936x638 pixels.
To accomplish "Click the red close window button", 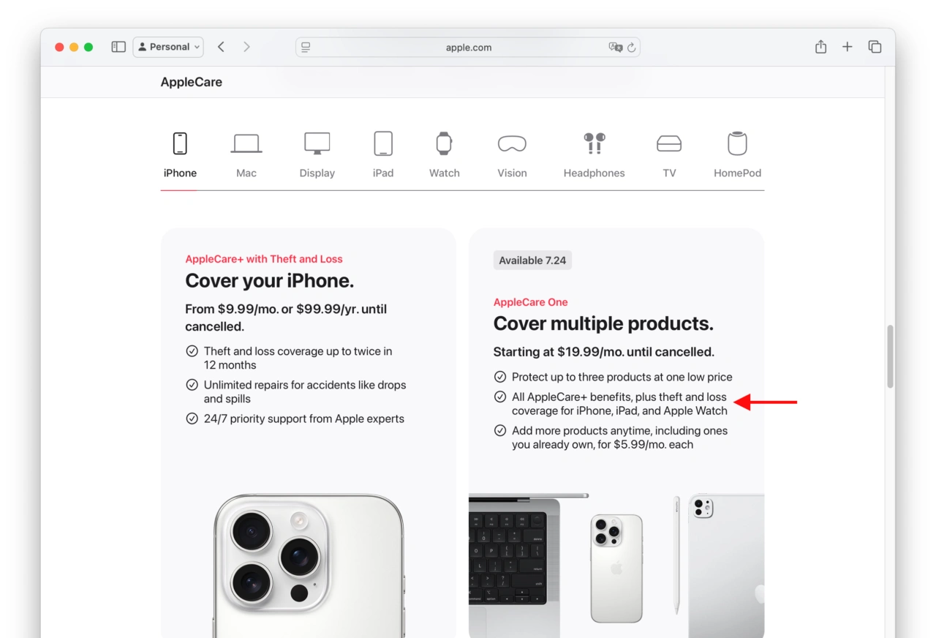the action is pos(59,48).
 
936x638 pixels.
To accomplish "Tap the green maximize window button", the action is pos(88,48).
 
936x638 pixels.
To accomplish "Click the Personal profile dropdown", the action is pos(168,47).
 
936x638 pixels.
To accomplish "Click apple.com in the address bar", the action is pos(469,48).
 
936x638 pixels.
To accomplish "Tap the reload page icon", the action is pos(631,48).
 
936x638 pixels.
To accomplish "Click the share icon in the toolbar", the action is pos(820,46).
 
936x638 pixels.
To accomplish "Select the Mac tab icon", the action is pos(246,144).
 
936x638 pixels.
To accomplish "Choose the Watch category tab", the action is pos(444,155).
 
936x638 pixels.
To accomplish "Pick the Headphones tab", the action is pos(594,155).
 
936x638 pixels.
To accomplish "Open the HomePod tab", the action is pos(737,155).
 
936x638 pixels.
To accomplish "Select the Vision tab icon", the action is pos(512,144).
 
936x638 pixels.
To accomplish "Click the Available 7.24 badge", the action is pos(532,260).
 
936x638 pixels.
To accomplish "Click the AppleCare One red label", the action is pos(530,302).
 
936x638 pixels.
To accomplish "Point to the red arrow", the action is pos(765,402).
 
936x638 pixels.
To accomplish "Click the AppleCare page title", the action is pos(192,82).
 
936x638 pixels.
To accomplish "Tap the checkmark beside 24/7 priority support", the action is pos(192,418).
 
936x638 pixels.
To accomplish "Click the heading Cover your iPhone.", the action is pos(270,280).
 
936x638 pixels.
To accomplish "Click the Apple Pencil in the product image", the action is pos(676,555).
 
